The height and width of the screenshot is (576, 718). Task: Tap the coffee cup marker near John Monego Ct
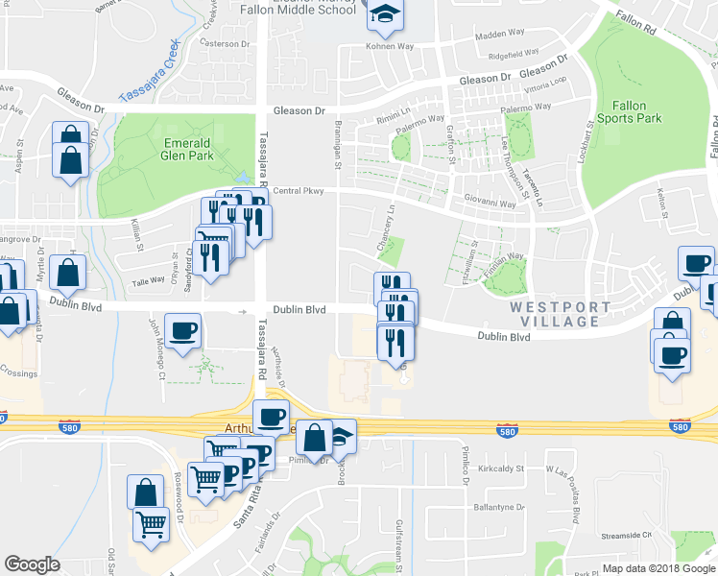point(182,332)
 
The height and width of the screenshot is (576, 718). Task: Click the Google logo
point(32,564)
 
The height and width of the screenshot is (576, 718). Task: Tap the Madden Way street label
point(496,36)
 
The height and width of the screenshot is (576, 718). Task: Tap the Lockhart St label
point(587,140)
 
